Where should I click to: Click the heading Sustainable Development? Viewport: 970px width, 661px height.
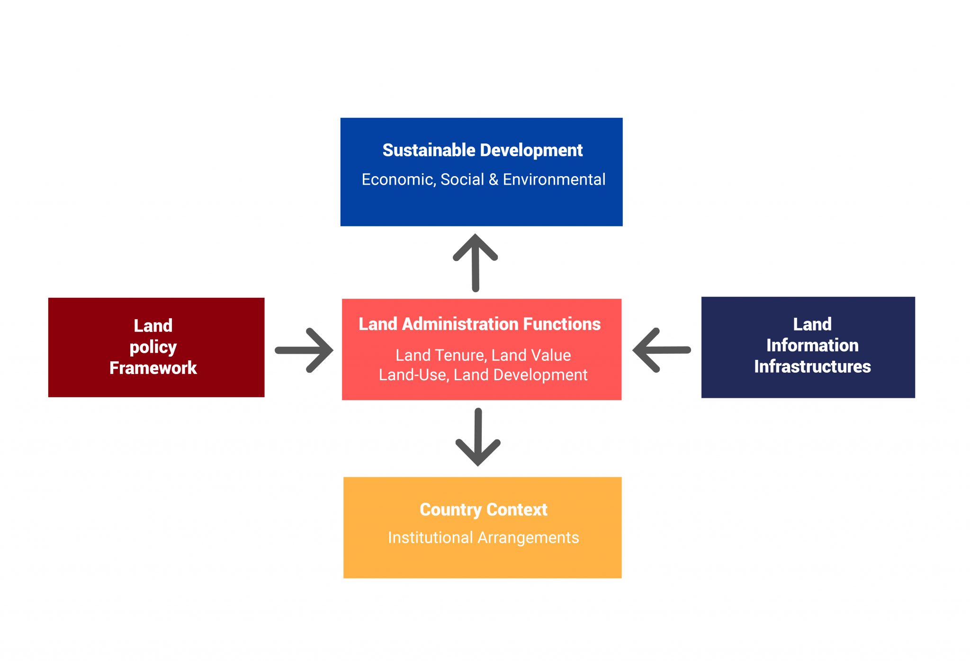[x=482, y=150]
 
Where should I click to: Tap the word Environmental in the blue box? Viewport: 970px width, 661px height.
[x=554, y=179]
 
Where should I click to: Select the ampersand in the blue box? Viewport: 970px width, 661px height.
[x=493, y=179]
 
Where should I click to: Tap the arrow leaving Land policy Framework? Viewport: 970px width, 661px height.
[x=305, y=350]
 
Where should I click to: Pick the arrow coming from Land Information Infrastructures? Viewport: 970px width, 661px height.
[x=662, y=350]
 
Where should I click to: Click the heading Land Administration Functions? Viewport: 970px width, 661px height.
[x=479, y=324]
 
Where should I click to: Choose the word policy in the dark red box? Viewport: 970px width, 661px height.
[x=153, y=348]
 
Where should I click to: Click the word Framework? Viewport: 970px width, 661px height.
[x=153, y=368]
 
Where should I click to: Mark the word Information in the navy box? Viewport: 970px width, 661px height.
[x=812, y=346]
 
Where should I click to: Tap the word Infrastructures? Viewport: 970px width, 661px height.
[x=812, y=366]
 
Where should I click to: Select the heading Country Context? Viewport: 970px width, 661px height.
[x=483, y=509]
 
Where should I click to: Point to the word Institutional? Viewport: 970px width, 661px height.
[x=430, y=538]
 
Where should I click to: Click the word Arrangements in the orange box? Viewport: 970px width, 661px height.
[x=528, y=538]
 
